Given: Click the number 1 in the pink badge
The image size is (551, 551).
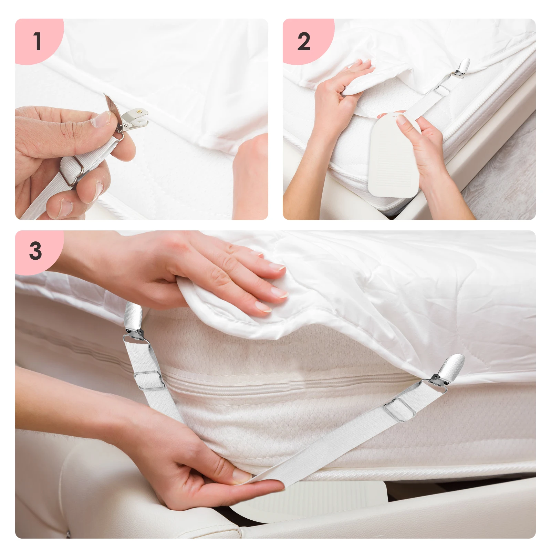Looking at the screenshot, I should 38,41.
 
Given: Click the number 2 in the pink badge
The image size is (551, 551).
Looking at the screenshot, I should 304,42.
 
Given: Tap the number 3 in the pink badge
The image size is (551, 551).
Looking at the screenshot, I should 35,251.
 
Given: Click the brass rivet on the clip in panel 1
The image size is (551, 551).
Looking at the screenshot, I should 140,112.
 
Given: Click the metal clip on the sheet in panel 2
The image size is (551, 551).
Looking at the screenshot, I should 461,69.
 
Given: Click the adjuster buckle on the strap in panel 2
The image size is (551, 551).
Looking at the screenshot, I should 441,90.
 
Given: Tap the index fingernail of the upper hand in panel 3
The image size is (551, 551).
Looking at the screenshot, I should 279,293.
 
